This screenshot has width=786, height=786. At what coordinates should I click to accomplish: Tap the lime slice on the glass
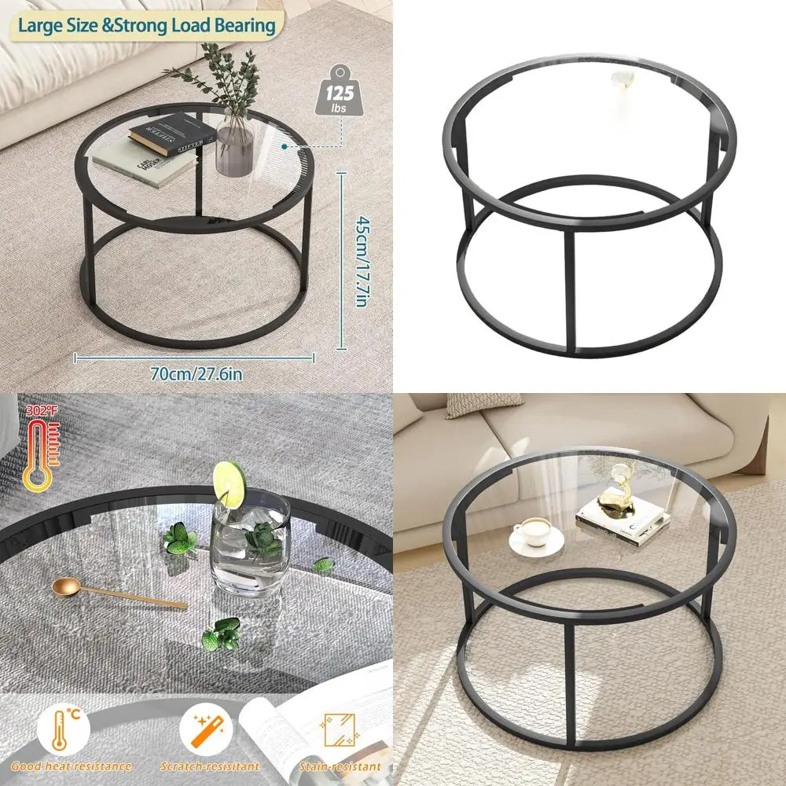pos(230,483)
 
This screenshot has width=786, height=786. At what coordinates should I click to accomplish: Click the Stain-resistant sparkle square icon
pos(340,730)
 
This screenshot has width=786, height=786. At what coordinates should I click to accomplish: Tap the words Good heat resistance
pos(71,766)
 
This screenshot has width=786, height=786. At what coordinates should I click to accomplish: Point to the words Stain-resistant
pos(340,766)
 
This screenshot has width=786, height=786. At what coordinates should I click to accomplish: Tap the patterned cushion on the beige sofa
pos(473,404)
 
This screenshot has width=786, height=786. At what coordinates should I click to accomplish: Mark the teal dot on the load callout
pos(285,145)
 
